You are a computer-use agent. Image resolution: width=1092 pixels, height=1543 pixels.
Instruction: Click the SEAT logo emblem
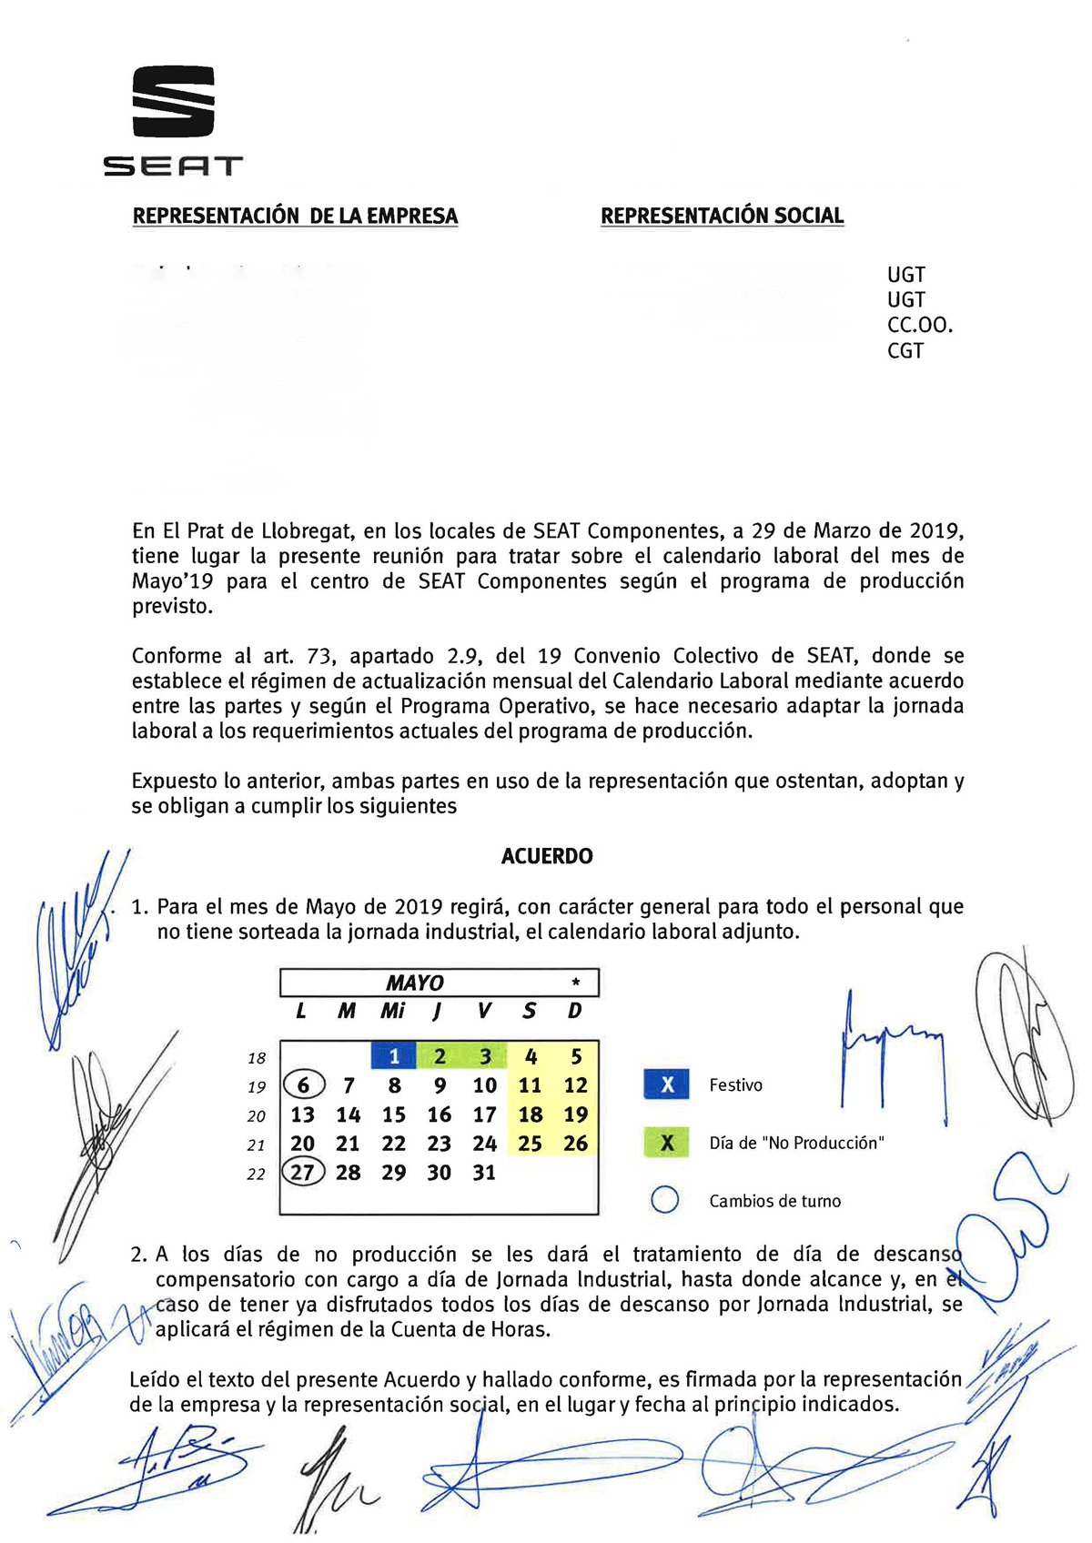point(173,101)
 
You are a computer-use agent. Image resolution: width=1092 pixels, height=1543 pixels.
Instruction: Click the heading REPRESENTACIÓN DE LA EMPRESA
point(295,217)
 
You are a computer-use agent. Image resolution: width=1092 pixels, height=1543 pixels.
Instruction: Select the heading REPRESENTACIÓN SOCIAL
point(722,217)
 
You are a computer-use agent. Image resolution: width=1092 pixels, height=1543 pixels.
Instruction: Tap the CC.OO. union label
point(919,325)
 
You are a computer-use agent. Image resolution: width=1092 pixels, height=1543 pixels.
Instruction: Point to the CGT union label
point(905,350)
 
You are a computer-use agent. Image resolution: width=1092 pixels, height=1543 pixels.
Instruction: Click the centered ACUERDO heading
point(547,856)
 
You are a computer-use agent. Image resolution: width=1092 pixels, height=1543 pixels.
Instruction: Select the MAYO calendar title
point(415,983)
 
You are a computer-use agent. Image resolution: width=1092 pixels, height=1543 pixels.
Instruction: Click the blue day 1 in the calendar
point(394,1056)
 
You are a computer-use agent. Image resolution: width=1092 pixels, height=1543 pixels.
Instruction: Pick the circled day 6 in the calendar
point(303,1085)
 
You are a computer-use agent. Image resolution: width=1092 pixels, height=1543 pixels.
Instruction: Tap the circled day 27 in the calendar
point(302,1172)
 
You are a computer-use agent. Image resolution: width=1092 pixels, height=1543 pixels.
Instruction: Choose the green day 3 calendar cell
point(485,1056)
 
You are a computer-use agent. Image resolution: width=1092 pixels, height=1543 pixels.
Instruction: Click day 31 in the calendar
point(484,1173)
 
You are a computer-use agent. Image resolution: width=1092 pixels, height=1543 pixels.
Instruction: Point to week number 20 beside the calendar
point(257,1116)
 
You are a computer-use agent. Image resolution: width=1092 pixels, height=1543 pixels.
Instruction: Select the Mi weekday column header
point(393,1011)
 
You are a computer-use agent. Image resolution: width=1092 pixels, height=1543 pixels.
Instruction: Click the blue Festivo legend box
point(667,1084)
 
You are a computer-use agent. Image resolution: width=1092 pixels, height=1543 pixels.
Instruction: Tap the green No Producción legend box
point(667,1143)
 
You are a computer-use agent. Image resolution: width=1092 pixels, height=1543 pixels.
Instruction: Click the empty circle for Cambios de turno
point(665,1200)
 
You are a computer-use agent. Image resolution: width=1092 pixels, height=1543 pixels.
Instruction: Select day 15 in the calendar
point(393,1114)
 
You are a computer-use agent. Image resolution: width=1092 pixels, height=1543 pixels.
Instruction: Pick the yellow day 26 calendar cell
point(575,1144)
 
